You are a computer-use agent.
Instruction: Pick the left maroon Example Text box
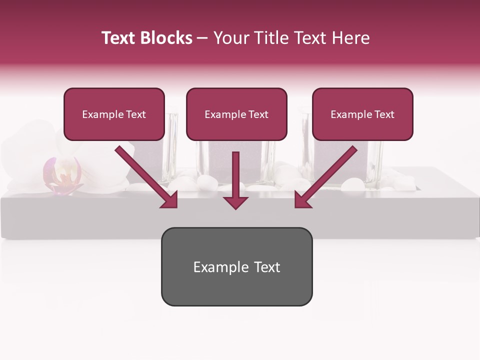114,114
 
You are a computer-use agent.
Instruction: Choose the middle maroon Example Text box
236,114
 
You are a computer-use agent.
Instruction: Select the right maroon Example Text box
362,114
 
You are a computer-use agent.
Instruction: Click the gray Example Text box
236,267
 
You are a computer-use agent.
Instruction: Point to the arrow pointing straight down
236,180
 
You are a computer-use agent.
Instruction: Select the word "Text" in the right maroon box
384,114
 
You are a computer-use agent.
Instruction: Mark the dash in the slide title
202,38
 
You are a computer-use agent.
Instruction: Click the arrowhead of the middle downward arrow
236,201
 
